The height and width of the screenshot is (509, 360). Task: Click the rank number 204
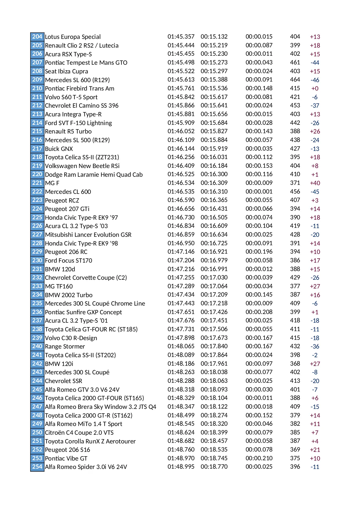click(37, 37)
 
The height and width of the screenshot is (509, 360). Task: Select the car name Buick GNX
click(59, 149)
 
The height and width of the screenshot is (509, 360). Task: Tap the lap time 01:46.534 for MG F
click(181, 183)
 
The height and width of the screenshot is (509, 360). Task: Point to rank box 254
click(37, 467)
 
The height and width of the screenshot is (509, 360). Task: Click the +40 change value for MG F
click(315, 183)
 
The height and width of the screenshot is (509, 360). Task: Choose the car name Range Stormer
click(65, 346)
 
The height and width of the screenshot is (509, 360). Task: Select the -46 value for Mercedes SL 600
click(315, 80)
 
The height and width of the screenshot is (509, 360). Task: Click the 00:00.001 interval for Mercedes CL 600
click(259, 192)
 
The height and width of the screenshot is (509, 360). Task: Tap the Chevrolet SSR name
click(64, 381)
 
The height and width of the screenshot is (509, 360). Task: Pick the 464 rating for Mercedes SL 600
click(295, 80)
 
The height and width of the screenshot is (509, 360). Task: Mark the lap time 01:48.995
click(181, 467)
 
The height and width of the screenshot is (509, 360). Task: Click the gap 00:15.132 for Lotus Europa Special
click(214, 37)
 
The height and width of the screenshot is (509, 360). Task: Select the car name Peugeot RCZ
click(62, 200)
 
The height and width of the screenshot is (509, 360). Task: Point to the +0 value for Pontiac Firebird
click(315, 89)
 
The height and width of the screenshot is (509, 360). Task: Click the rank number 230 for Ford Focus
click(37, 260)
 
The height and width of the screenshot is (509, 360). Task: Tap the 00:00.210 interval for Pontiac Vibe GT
click(259, 458)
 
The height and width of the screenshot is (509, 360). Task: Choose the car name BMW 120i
click(59, 364)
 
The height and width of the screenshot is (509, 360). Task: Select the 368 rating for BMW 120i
click(295, 363)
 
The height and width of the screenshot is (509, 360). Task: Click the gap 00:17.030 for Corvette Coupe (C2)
click(214, 277)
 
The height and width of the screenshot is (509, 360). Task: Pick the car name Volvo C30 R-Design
click(71, 338)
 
